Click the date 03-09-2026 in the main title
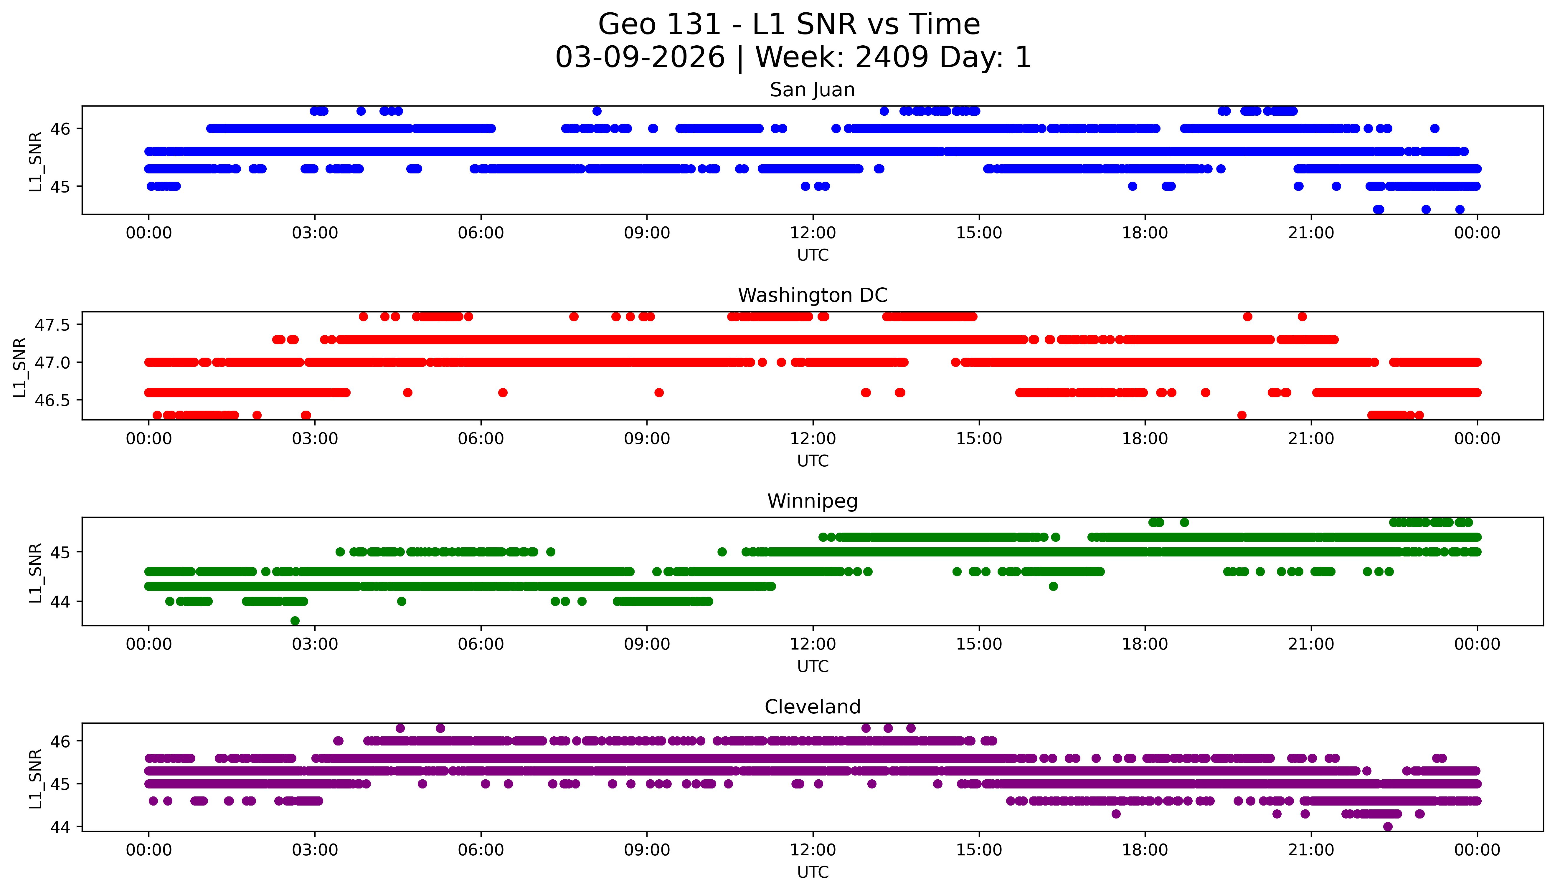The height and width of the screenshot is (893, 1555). tap(640, 58)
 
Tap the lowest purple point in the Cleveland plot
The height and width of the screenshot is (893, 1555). tap(1388, 827)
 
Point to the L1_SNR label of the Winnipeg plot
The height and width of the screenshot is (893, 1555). tap(36, 572)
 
